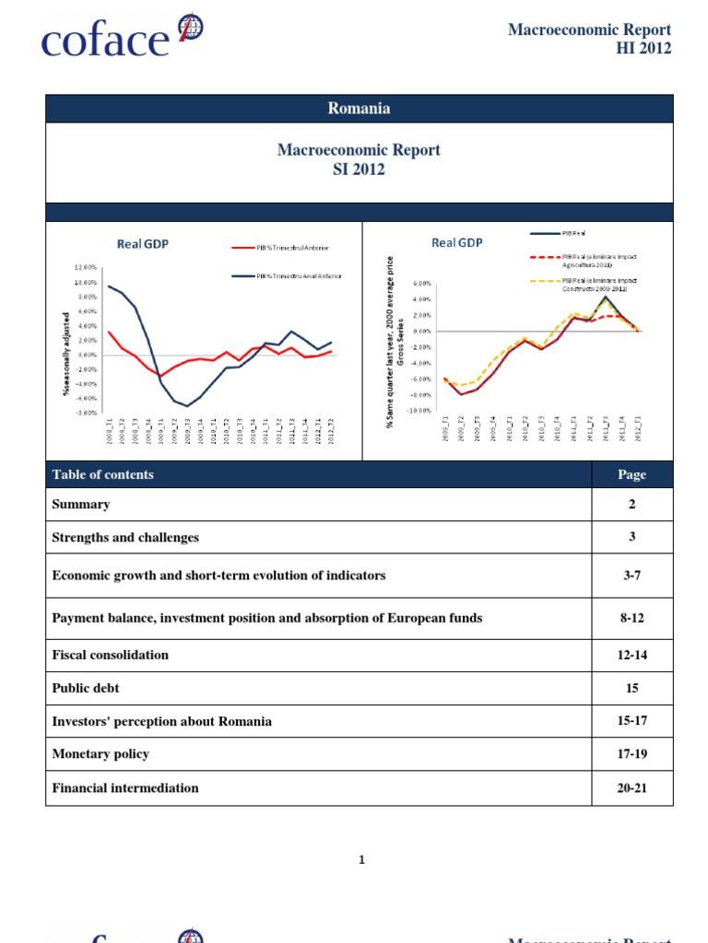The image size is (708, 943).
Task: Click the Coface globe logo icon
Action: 189,28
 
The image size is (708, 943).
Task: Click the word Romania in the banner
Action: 359,109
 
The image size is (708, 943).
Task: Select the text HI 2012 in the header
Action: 643,48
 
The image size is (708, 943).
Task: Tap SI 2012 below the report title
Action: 359,169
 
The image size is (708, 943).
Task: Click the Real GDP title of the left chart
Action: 142,244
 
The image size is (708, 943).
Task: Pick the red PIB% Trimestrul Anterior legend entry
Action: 281,248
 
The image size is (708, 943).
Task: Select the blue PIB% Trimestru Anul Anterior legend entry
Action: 287,277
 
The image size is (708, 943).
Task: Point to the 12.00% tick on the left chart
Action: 85,268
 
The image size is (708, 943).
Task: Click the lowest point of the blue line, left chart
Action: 188,406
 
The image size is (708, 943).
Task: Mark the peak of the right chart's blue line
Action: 605,297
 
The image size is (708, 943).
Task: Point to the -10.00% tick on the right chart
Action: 421,411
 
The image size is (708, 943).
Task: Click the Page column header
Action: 631,475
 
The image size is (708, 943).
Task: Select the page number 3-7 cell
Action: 631,576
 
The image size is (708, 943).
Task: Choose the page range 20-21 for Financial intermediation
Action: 631,788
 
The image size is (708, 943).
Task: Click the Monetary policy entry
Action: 100,754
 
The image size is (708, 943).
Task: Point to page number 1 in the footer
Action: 361,860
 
